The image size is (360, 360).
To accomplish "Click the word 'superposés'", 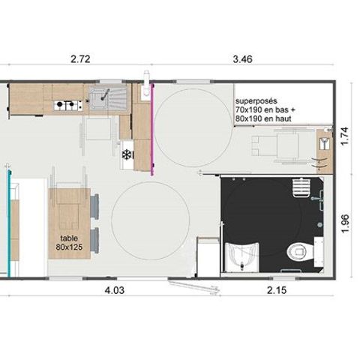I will (256, 100).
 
